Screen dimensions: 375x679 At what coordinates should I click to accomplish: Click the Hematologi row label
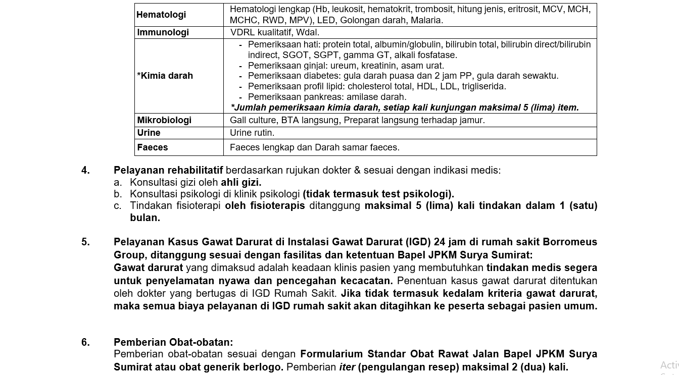[161, 15]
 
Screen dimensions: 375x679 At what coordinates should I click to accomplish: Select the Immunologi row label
[163, 32]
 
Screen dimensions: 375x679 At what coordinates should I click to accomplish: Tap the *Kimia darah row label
[165, 76]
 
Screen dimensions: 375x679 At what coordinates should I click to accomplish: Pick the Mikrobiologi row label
[164, 120]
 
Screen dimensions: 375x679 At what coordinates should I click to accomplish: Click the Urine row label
[149, 133]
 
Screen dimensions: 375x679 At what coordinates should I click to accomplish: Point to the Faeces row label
[152, 147]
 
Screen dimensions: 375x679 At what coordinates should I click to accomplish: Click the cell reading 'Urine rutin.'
[252, 133]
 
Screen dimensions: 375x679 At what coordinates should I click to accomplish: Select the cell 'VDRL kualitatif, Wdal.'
[275, 32]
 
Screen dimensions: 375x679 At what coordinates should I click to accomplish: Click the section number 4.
[85, 170]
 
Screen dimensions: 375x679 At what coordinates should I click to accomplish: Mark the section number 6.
[85, 342]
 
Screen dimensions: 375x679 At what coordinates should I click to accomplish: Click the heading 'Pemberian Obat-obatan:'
[173, 342]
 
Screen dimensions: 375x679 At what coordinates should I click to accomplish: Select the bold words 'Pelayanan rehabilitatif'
[168, 170]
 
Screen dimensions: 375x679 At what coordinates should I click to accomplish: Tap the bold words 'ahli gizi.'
[241, 182]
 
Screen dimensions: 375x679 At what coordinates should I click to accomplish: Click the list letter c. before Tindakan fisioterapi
[117, 205]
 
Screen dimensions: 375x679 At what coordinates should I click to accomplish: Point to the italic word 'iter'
[347, 367]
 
